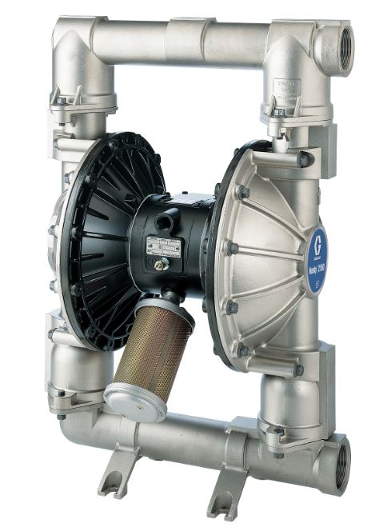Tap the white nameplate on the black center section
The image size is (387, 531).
[x=166, y=246]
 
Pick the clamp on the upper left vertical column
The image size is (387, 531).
[x=80, y=105]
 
